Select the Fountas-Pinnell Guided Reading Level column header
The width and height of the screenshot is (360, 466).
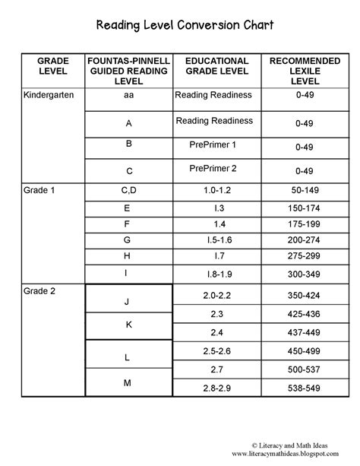point(128,71)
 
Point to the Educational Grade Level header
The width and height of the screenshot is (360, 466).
point(216,66)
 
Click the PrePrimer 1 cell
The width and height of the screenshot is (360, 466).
point(216,144)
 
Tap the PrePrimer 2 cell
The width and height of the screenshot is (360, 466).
point(216,169)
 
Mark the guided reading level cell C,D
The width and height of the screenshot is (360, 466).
point(128,190)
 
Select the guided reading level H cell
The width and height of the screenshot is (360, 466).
point(128,255)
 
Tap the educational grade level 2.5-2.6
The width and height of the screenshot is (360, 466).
point(216,350)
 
